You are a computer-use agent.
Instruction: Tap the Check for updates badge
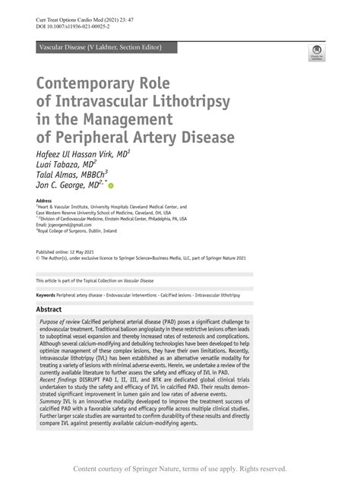(x=317, y=52)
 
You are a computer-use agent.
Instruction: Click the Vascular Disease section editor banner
(x=99, y=47)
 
